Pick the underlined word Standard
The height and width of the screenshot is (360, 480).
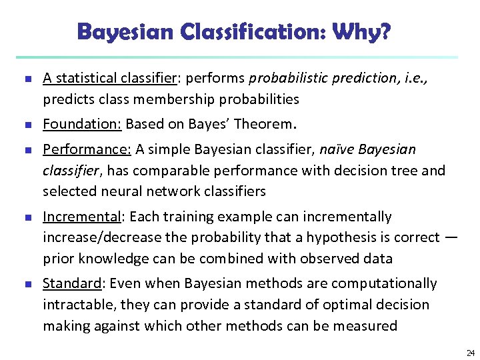point(71,283)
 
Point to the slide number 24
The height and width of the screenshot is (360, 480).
point(470,353)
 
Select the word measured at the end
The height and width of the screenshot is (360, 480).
point(367,325)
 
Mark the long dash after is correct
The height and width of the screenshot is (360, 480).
point(451,237)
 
